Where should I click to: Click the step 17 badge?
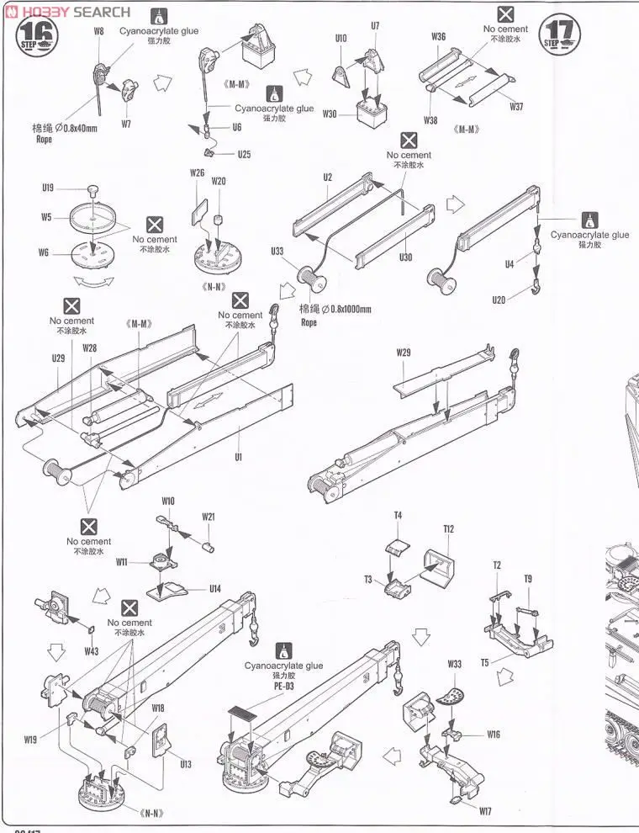(x=562, y=34)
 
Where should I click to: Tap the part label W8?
(x=98, y=31)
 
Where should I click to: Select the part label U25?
(x=244, y=154)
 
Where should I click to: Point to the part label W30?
(x=330, y=114)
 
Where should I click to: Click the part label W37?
(x=515, y=107)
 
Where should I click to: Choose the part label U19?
(x=48, y=188)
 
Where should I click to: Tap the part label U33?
(x=277, y=250)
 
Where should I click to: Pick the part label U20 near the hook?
(x=500, y=299)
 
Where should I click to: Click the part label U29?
(x=58, y=358)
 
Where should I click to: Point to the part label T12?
(x=448, y=529)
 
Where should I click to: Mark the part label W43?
(x=92, y=651)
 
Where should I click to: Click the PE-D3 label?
(x=283, y=687)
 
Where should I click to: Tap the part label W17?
(x=485, y=812)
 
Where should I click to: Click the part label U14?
(x=215, y=589)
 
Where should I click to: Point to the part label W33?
(x=454, y=665)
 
